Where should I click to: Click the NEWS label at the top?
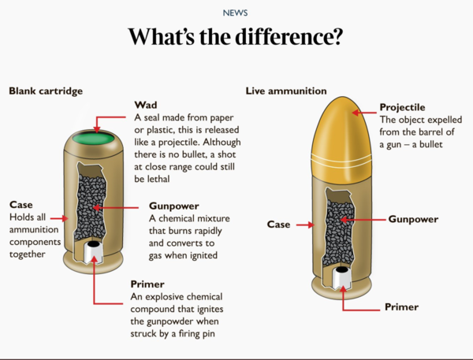pos(235,13)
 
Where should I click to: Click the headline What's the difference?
pos(235,36)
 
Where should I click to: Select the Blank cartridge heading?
pos(46,91)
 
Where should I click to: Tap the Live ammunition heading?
pos(286,91)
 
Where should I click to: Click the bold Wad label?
pos(146,105)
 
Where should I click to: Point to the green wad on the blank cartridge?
pos(94,139)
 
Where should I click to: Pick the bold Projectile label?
pos(402,107)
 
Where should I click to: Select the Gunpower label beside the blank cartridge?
pos(174,206)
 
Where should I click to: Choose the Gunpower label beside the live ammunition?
pos(413,219)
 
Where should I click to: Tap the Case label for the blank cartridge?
pos(21,205)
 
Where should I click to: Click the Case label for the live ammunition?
pos(278,225)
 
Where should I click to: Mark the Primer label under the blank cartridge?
pos(147,284)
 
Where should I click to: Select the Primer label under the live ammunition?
pos(401,307)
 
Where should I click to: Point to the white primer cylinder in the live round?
pos(341,277)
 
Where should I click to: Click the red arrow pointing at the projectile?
pos(364,113)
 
